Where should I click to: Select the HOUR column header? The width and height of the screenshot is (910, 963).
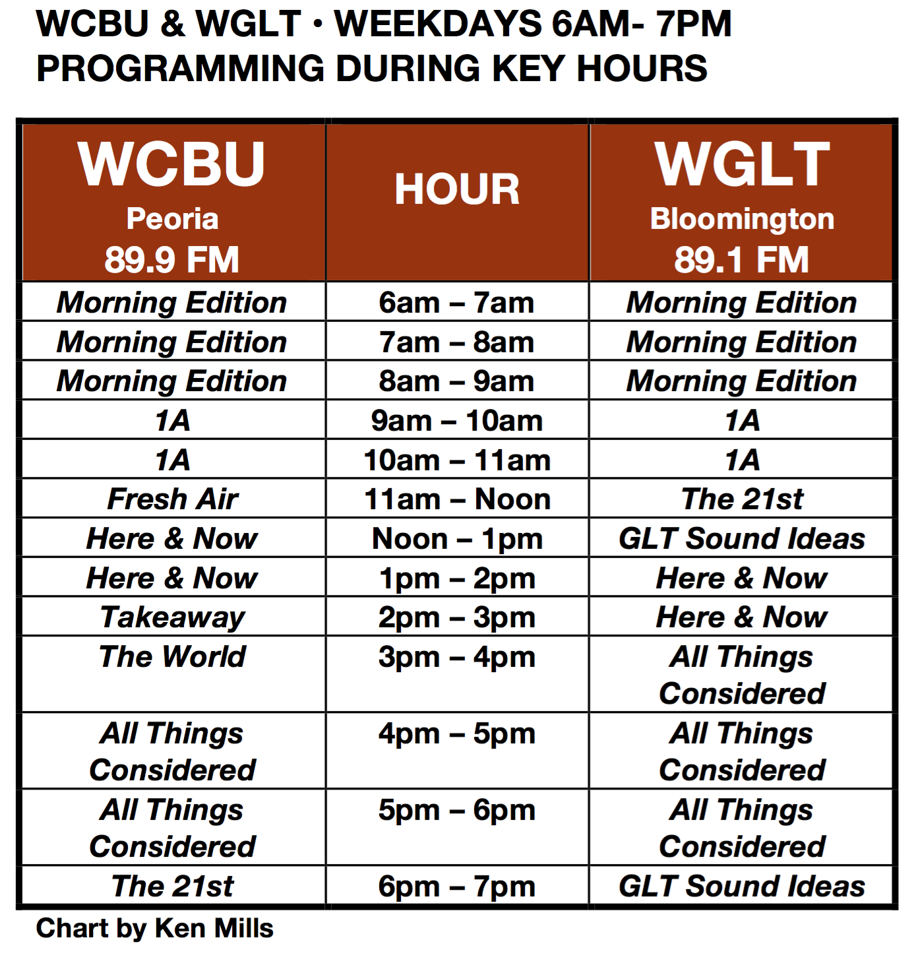tap(457, 190)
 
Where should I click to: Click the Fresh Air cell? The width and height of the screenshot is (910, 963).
tap(173, 499)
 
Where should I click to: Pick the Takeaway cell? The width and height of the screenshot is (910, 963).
tap(173, 617)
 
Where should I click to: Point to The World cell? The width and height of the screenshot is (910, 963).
tap(173, 657)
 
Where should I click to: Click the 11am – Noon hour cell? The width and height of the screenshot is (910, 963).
tap(457, 499)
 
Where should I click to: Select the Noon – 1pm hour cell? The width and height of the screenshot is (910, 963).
tap(457, 539)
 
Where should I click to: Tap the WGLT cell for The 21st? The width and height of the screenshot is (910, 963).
tap(742, 499)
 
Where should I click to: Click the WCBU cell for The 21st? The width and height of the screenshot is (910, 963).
tap(173, 886)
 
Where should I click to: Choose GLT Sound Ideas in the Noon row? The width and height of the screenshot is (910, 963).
tap(742, 539)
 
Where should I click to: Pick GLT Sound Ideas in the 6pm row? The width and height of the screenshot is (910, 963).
tap(742, 886)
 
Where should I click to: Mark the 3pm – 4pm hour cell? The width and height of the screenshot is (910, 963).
tap(457, 658)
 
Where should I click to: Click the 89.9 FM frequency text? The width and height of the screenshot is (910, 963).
tap(172, 259)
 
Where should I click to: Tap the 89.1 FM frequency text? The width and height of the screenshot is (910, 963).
tap(742, 259)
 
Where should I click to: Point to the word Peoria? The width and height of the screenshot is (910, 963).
tap(172, 219)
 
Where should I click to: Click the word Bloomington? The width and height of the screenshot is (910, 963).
tap(742, 219)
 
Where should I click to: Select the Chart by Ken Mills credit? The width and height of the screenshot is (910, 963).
tap(154, 929)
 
